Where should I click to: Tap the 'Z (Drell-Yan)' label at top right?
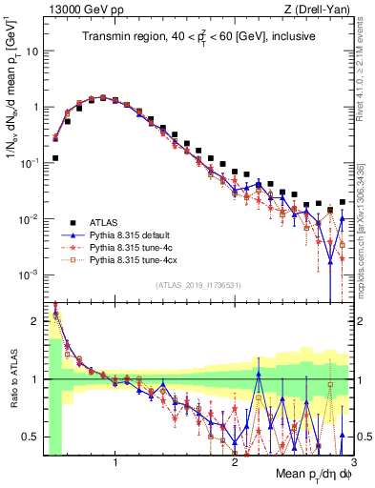322,8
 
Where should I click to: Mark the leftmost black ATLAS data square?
55,158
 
